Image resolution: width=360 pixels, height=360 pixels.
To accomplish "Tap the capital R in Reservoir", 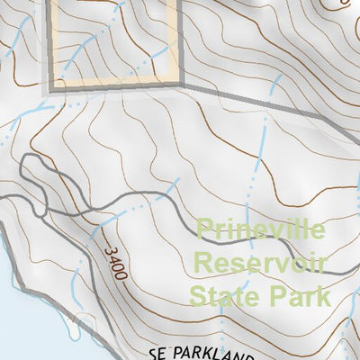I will (205, 265).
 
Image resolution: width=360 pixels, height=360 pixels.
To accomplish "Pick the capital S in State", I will (195, 294).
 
